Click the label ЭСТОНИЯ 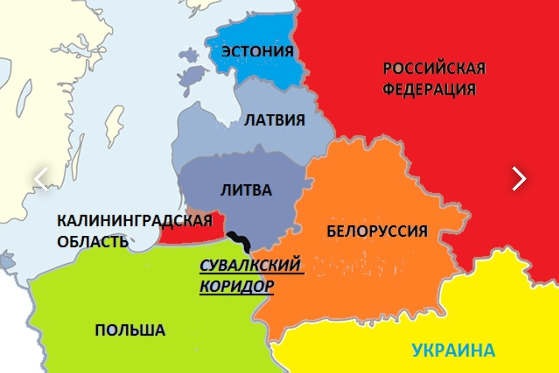(x=257, y=51)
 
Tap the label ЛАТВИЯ (x=274, y=120)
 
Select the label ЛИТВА (x=246, y=190)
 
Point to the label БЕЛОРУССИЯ (x=377, y=231)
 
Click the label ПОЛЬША (x=130, y=330)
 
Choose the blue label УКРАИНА (x=453, y=350)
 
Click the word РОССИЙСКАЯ (x=434, y=68)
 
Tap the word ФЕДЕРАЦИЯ (x=429, y=89)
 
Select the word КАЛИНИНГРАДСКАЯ (x=134, y=221)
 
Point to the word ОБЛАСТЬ (x=92, y=241)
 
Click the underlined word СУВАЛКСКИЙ (x=250, y=266)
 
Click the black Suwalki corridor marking (x=240, y=239)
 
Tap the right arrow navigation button (x=519, y=179)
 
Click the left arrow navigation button (x=40, y=179)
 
